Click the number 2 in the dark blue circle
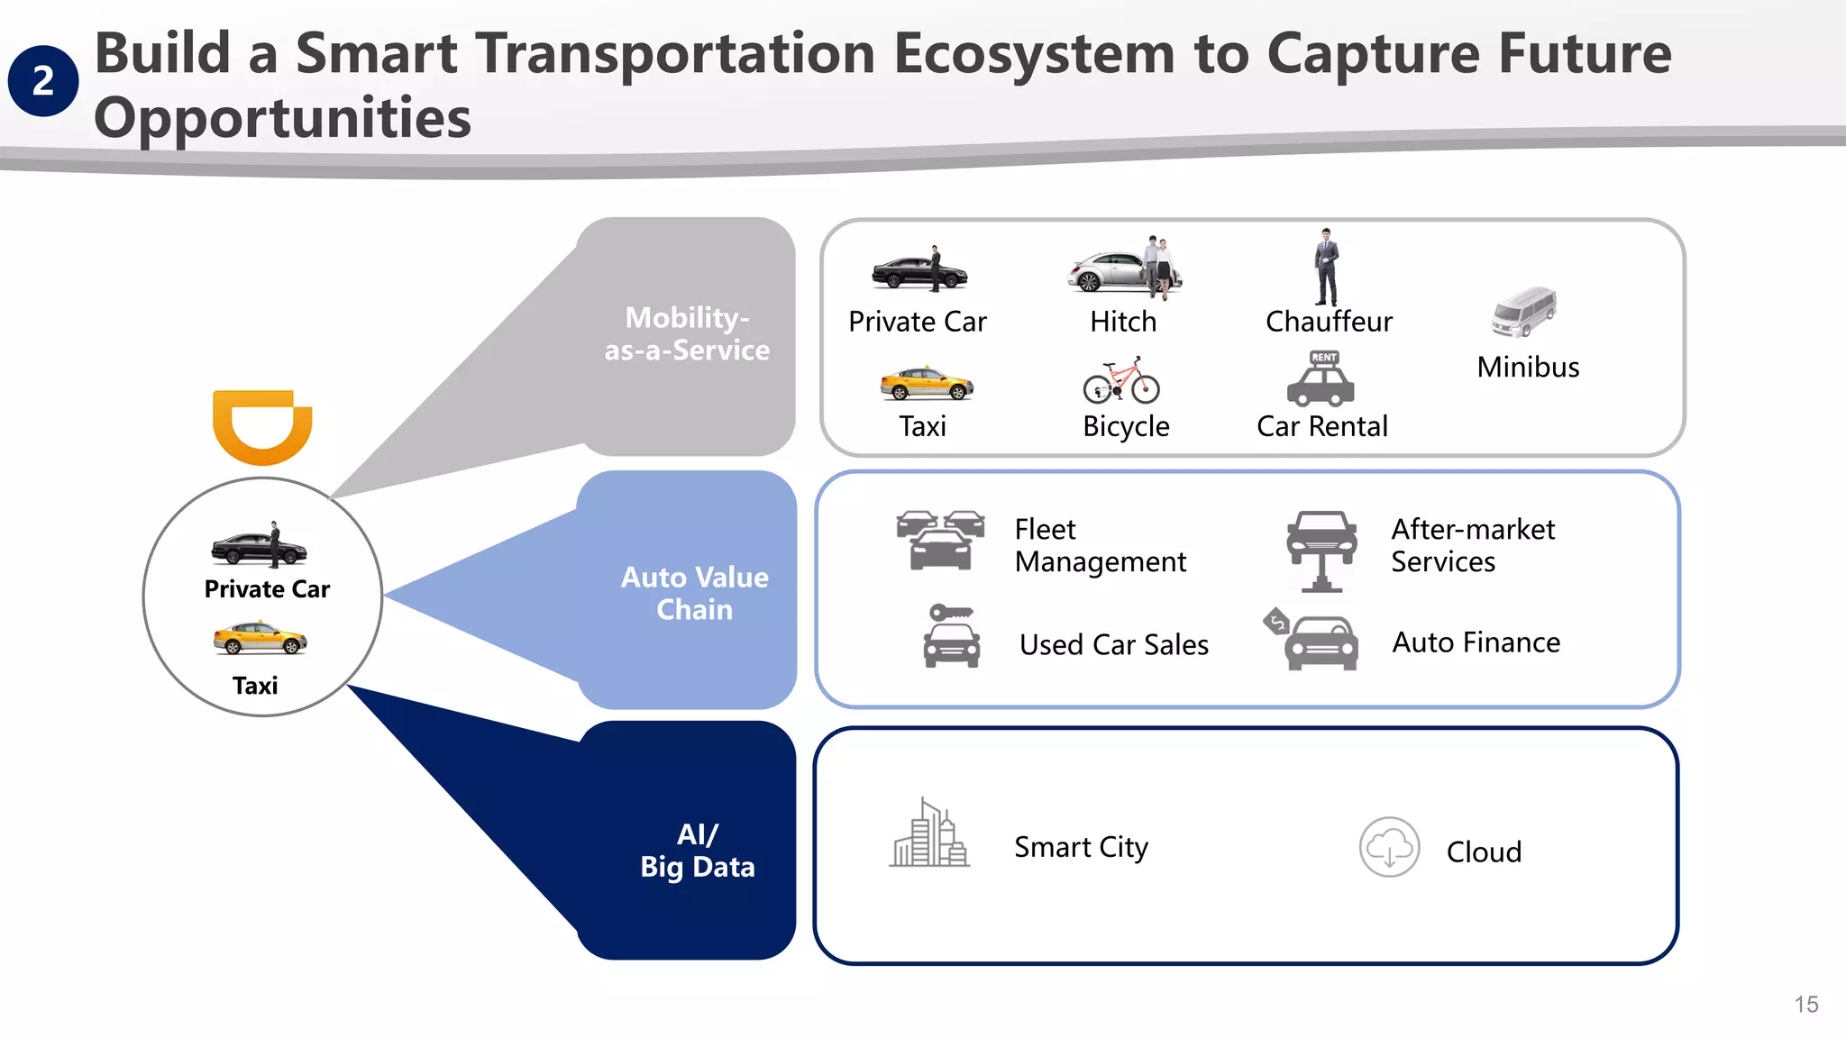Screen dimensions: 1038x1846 (x=42, y=81)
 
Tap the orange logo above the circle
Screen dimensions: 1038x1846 (x=262, y=426)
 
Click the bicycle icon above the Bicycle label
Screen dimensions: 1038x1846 (x=1121, y=381)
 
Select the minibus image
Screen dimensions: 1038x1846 (x=1523, y=312)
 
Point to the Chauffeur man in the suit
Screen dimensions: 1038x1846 (x=1326, y=268)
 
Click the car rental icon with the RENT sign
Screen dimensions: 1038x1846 (x=1321, y=379)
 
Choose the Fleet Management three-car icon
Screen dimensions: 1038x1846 (x=940, y=540)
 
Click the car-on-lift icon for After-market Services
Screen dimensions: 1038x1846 (x=1321, y=550)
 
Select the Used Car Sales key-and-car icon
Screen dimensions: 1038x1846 (x=952, y=636)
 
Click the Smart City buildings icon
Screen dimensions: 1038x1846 (x=928, y=833)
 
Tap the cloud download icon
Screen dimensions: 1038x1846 (x=1389, y=847)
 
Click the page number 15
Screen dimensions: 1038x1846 (x=1805, y=1005)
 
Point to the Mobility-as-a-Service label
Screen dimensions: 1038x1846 (x=687, y=333)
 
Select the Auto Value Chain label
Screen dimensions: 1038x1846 (x=694, y=593)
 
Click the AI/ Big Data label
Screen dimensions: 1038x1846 (x=698, y=850)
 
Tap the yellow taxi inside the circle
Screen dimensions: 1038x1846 (x=260, y=638)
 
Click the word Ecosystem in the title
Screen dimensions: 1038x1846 (x=1034, y=53)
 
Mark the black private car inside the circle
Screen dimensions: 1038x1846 (x=260, y=546)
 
